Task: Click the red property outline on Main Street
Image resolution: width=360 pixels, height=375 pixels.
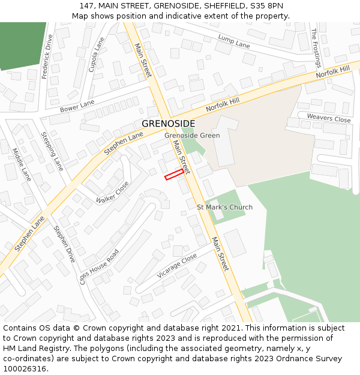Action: click(174, 174)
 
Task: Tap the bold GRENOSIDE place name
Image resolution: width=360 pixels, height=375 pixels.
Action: click(168, 124)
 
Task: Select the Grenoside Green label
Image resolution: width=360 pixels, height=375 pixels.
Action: click(192, 136)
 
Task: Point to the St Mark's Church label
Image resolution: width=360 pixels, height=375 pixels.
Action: click(225, 207)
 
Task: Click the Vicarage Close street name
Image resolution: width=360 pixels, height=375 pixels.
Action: click(177, 265)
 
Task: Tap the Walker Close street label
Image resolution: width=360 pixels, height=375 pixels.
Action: click(112, 192)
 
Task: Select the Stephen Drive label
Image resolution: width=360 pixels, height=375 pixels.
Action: click(64, 244)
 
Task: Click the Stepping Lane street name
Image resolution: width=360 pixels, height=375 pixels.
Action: click(52, 151)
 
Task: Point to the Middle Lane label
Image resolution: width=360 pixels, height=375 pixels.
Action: click(22, 164)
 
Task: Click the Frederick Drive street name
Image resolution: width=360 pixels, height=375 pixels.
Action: click(47, 56)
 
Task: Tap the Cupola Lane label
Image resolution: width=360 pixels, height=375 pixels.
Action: click(96, 55)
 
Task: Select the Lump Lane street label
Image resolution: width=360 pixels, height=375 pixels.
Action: click(234, 41)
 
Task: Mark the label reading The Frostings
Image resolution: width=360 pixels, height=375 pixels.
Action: click(316, 48)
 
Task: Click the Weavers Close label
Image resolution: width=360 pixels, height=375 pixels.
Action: click(328, 118)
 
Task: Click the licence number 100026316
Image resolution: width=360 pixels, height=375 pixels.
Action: click(24, 369)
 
